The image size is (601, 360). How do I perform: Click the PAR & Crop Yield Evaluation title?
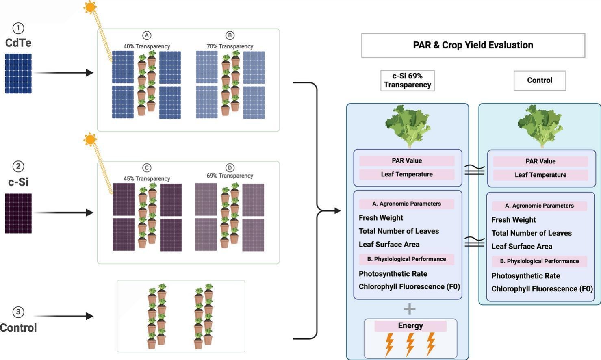coord(473,45)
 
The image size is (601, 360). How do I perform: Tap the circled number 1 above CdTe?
coord(18,28)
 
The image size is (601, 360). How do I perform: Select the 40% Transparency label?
coord(147,46)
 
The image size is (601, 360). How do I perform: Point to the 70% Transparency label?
coord(230,46)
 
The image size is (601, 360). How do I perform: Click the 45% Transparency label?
coord(147,179)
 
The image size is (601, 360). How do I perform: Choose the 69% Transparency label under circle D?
coord(230,176)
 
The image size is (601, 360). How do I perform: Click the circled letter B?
coord(230,35)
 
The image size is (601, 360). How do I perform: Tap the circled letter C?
coord(147,168)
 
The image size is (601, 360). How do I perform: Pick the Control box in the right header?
coord(540,80)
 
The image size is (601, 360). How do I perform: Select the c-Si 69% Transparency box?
coord(407,80)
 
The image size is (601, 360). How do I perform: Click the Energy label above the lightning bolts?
coord(410,326)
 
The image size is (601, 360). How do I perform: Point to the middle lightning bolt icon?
coord(410,345)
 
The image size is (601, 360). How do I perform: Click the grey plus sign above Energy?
coord(409,309)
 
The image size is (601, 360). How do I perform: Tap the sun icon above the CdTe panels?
coord(90,7)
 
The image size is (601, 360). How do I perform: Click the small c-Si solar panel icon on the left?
coord(18,213)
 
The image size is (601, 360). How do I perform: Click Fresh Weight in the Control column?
coord(514,220)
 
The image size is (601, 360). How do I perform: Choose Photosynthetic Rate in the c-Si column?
coord(393,274)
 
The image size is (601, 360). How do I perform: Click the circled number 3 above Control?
coord(18,312)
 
